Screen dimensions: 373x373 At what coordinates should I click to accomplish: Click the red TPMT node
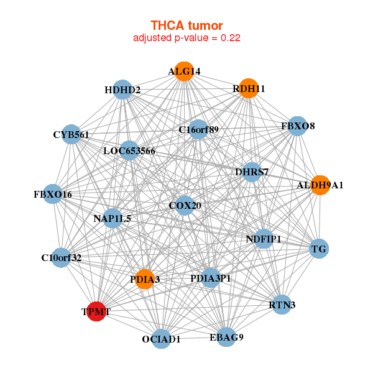(x=96, y=311)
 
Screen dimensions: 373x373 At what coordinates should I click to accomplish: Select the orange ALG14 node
(x=183, y=71)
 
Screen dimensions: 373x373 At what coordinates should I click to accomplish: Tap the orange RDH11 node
(x=248, y=88)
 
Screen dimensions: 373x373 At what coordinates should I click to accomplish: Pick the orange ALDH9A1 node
(x=320, y=185)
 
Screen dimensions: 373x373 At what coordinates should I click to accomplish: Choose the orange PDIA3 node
(x=145, y=279)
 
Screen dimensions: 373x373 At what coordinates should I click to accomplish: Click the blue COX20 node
(x=184, y=205)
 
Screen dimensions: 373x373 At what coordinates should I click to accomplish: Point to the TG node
(x=318, y=249)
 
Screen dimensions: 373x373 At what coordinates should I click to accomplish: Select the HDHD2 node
(x=122, y=90)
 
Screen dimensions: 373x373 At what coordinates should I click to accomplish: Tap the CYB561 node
(x=71, y=134)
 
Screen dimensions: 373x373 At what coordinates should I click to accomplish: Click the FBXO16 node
(x=53, y=195)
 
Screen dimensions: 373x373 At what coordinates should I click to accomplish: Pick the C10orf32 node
(x=61, y=257)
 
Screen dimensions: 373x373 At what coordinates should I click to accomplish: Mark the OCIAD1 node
(x=161, y=339)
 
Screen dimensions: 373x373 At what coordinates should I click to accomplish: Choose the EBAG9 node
(x=226, y=337)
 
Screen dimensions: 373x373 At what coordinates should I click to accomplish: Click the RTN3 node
(x=282, y=305)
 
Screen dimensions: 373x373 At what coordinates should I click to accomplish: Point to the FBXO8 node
(x=298, y=126)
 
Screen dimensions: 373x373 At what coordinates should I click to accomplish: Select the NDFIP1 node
(x=264, y=239)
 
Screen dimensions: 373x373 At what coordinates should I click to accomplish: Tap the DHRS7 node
(x=252, y=172)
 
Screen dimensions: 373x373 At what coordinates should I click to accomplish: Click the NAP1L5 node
(x=113, y=218)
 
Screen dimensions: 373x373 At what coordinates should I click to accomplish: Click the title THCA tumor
(x=186, y=25)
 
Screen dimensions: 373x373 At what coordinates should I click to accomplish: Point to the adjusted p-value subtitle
(x=186, y=37)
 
